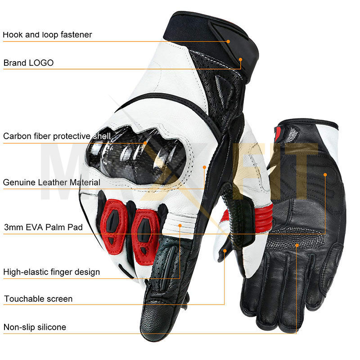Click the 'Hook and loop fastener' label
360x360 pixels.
(48, 35)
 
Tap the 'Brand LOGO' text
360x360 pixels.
(28, 63)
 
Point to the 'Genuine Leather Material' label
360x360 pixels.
(52, 182)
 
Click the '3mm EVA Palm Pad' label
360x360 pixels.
(43, 227)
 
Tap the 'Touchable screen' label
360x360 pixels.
(38, 299)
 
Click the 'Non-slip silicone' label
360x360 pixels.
(35, 327)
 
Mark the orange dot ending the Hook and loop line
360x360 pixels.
(228, 41)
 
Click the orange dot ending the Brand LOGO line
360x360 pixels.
(240, 58)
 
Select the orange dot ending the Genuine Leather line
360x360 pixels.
(204, 167)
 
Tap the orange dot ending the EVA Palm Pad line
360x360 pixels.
(325, 173)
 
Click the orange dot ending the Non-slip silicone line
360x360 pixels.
(297, 245)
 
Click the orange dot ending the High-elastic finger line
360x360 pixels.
(180, 225)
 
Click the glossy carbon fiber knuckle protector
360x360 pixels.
(135, 155)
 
